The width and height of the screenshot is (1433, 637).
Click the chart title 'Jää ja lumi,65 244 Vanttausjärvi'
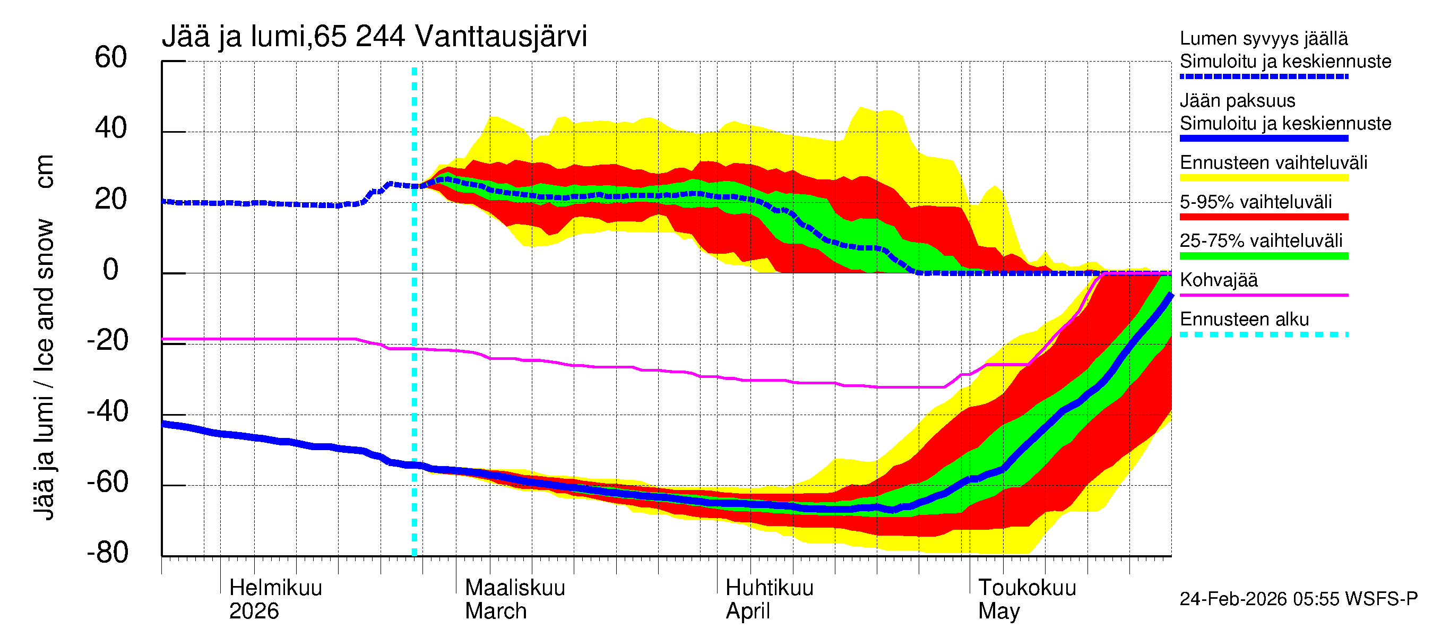(374, 37)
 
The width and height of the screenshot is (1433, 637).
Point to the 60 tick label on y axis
(111, 58)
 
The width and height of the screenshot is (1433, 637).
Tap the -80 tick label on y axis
(107, 553)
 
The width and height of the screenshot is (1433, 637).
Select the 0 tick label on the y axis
(111, 270)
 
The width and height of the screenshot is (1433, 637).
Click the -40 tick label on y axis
(107, 412)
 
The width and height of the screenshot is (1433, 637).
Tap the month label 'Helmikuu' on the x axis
(275, 588)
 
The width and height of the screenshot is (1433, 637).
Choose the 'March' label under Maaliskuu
(496, 612)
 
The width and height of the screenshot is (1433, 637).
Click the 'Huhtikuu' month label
(770, 588)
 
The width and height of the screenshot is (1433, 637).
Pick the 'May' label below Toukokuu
(999, 612)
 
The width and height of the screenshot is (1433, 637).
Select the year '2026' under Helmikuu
(254, 612)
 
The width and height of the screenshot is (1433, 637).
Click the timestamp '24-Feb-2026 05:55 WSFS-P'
(1298, 599)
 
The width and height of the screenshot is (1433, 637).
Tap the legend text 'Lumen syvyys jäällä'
(1263, 39)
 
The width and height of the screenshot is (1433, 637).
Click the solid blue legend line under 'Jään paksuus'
(1263, 139)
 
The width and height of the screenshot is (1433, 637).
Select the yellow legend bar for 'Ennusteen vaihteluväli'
(1263, 178)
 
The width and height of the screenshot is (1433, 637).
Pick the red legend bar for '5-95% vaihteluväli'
(1263, 217)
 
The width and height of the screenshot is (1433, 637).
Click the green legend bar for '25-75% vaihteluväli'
(1263, 256)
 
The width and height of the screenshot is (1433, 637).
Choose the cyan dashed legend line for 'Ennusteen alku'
(1263, 334)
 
